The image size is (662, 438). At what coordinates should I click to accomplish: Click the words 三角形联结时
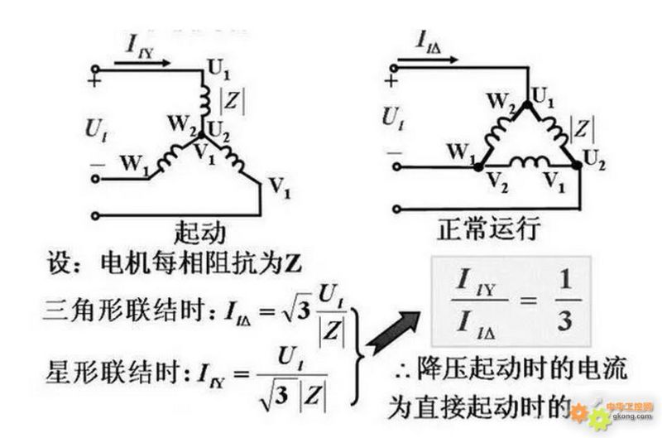(129, 311)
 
